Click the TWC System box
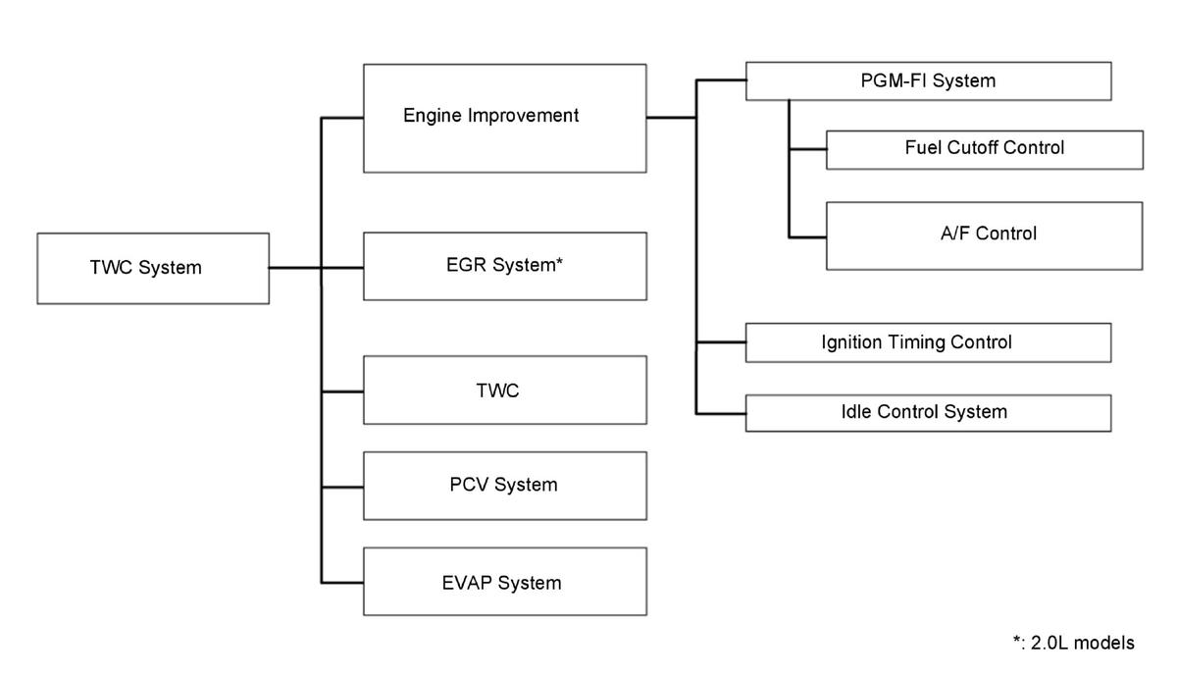coord(153,269)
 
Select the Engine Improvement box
coord(505,119)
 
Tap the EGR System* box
coord(505,267)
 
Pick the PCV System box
coord(505,486)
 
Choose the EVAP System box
coord(505,582)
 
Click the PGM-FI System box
coord(929,81)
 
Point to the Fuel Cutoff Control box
coord(985,150)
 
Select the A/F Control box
coord(984,236)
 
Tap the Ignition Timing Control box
coord(929,342)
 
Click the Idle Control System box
coord(929,413)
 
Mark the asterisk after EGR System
coord(559,261)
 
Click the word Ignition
coord(851,342)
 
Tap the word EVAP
coord(467,583)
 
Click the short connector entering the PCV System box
coord(342,488)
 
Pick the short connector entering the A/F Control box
coord(807,237)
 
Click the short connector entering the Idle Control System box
coord(721,414)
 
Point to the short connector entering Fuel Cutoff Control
coord(807,149)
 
